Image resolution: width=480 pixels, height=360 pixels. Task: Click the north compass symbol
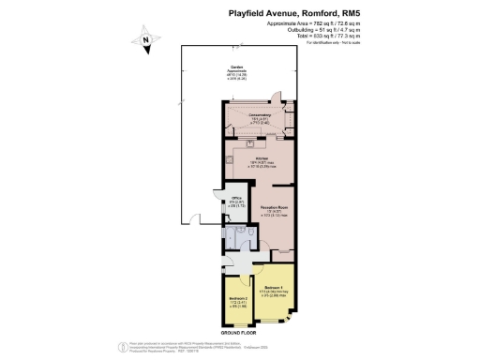point(146,40)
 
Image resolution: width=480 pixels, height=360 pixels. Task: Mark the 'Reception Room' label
point(274,206)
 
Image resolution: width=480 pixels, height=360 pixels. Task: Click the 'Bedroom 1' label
point(273,286)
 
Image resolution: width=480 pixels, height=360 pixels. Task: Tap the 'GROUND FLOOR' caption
point(240,333)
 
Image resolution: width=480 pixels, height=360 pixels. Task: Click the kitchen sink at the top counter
point(251,144)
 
